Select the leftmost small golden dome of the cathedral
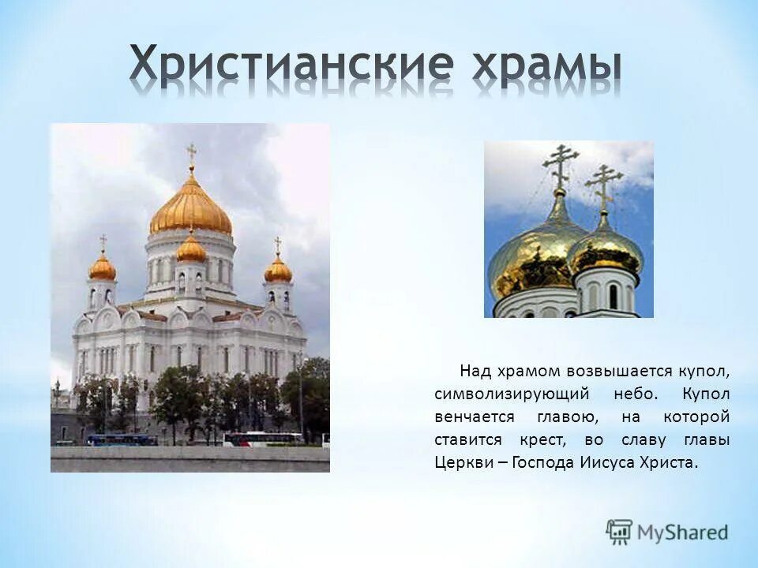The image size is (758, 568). (x=103, y=268)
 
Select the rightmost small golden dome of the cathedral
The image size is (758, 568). (x=278, y=270)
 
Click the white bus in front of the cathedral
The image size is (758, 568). (x=262, y=439)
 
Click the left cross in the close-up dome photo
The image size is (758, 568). (x=560, y=163)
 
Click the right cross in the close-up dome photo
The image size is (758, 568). (x=604, y=183)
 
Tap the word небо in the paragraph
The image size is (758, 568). (x=635, y=394)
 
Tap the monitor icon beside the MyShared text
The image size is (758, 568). (x=620, y=531)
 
